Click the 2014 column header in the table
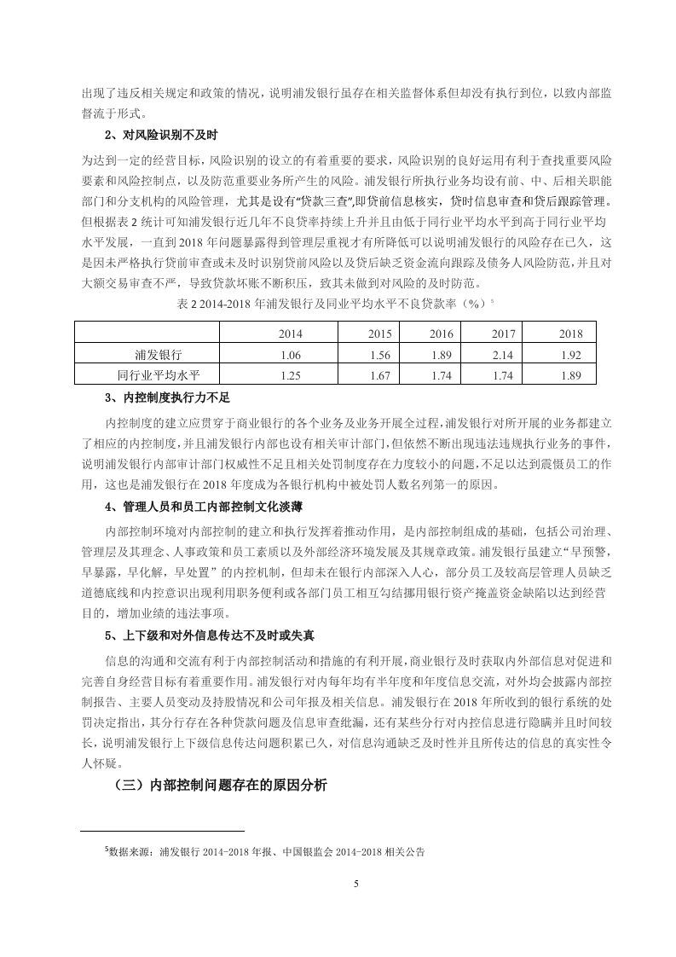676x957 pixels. (x=291, y=333)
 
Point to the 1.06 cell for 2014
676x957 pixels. (x=291, y=354)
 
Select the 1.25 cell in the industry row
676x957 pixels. (x=291, y=374)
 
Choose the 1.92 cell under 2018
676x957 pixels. (x=570, y=354)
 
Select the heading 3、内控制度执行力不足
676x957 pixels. (x=167, y=397)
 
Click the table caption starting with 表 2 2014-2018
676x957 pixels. (x=337, y=303)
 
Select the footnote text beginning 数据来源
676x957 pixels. (x=267, y=851)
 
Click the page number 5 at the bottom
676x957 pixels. (x=355, y=884)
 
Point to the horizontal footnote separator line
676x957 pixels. (x=163, y=830)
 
